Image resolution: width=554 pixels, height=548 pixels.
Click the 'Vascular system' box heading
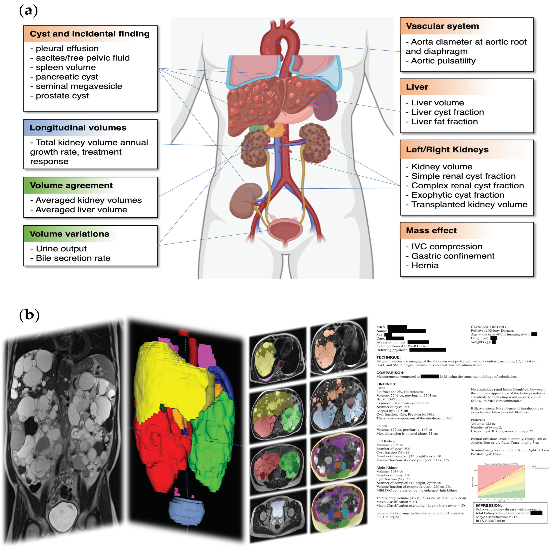[442, 26]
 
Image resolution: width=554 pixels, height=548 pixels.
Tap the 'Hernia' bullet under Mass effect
[425, 266]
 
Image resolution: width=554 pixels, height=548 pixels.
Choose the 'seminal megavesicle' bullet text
[79, 86]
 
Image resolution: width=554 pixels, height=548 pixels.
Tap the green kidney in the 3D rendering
[212, 436]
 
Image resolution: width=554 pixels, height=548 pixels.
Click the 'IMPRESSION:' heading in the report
[489, 506]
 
